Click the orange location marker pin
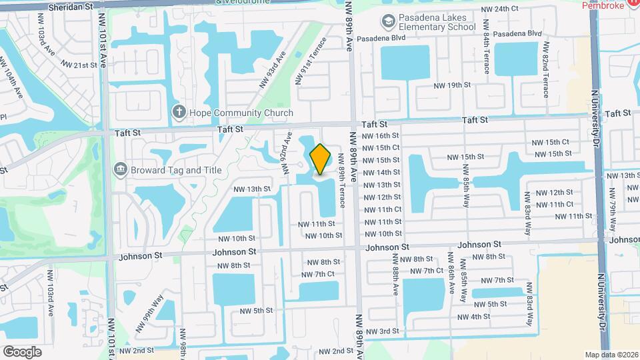click(x=321, y=159)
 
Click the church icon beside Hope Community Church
click(x=179, y=112)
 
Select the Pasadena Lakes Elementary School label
click(x=436, y=23)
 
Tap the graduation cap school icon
click(x=387, y=22)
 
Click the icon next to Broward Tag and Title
click(x=121, y=169)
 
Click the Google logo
click(x=22, y=351)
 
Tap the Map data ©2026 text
click(x=611, y=355)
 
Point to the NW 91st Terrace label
click(x=311, y=61)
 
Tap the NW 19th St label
click(x=452, y=85)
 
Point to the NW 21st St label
click(x=79, y=65)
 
